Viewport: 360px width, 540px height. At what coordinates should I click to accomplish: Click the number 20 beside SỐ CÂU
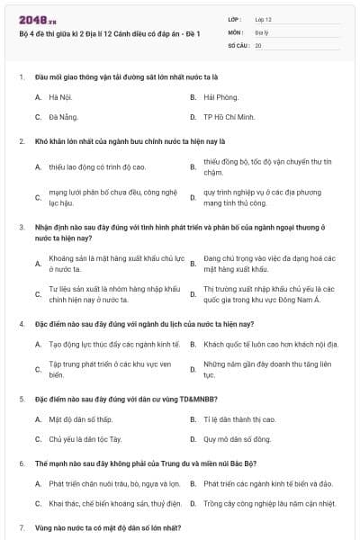[258, 44]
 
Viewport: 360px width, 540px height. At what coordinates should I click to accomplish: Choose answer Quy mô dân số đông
[238, 440]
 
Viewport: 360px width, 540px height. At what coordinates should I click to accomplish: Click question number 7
[22, 526]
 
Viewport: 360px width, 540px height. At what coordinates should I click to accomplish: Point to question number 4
[22, 323]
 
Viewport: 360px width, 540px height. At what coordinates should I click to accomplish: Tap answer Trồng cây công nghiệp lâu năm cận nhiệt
[269, 504]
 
